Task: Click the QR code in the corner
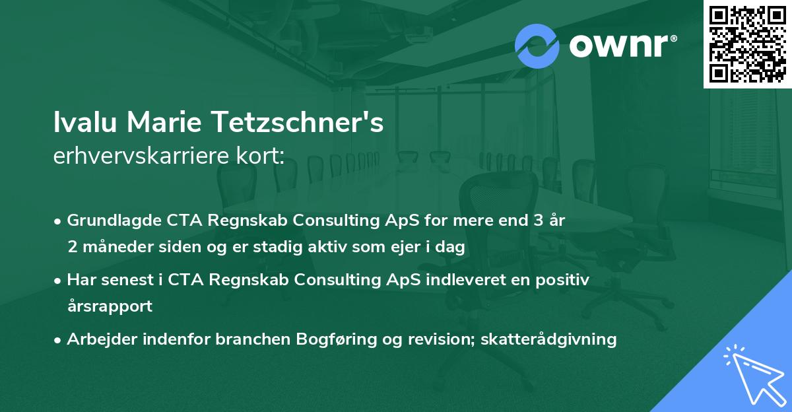click(747, 44)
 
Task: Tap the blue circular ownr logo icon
click(537, 46)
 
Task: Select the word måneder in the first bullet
click(113, 248)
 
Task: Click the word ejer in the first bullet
click(395, 248)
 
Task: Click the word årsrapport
click(110, 306)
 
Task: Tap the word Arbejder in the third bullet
click(99, 339)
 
